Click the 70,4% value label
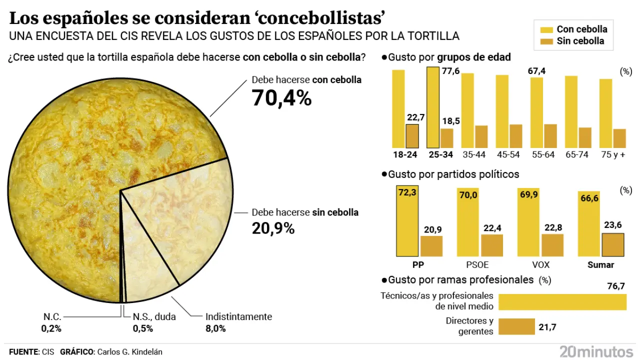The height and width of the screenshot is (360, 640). pos(281,98)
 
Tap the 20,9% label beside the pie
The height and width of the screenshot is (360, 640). pos(272,228)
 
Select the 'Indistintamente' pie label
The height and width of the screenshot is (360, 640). pos(238,316)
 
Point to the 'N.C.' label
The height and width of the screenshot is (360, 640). pos(52,316)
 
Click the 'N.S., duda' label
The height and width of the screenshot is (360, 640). pos(154,316)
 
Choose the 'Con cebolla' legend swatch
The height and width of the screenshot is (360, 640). pos(546,29)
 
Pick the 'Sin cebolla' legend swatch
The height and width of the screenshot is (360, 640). pos(546,41)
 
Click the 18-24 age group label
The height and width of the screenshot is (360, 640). pos(405,154)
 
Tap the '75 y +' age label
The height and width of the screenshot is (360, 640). pos(612,154)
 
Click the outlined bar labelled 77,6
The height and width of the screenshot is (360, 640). pos(433,107)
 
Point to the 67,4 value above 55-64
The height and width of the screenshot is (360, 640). pos(536,71)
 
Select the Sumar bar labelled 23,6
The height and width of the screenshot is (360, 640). pos(612,244)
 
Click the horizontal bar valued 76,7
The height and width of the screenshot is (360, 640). pos(562,302)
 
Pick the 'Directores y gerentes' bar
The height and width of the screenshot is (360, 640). pos(517,326)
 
